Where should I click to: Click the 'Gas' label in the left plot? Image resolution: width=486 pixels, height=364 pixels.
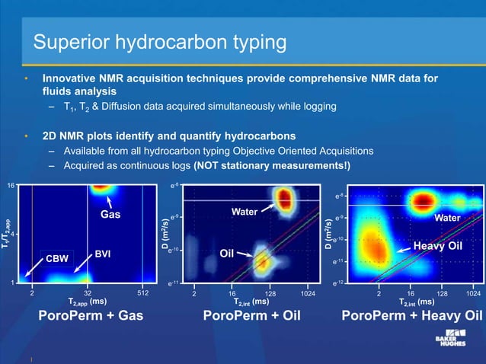110,216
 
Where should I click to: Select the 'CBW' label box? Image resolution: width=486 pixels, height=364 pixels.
57,259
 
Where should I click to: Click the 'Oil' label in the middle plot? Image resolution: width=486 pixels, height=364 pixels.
225,253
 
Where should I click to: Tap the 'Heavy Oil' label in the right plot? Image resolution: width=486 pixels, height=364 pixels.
437,246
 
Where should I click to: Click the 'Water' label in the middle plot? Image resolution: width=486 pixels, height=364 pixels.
245,211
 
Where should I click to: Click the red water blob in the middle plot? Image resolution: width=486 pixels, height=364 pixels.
284,200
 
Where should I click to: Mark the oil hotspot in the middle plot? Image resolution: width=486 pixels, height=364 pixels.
263,261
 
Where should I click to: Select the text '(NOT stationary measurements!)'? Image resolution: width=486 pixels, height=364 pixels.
273,166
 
